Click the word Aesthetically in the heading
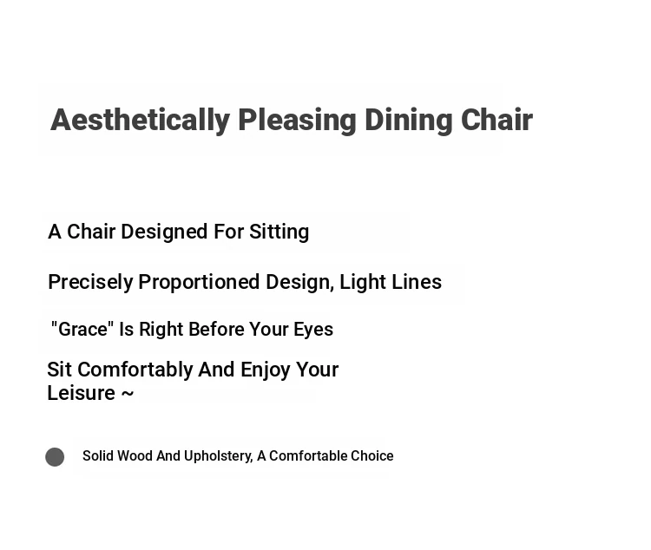pos(141,121)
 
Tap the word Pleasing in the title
pos(297,121)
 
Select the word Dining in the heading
pos(409,121)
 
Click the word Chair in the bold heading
pos(497,120)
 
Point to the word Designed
pos(164,232)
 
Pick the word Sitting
pos(279,232)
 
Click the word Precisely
pos(90,283)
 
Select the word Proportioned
pos(199,283)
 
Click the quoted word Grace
pos(82,329)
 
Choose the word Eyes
pos(313,330)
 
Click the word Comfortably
pos(135,370)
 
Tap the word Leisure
pos(82,393)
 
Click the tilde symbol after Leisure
pos(128,394)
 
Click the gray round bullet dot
pos(55,457)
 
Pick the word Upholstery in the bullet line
pos(219,456)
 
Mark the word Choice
pos(372,455)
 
